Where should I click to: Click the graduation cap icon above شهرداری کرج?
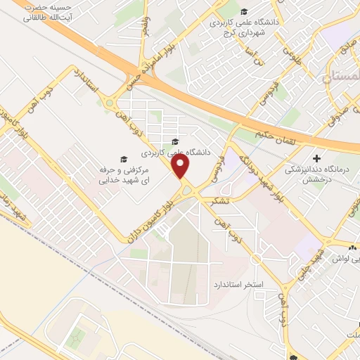(x=244, y=11)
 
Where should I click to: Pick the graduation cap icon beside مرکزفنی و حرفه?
(x=123, y=159)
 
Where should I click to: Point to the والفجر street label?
(x=146, y=28)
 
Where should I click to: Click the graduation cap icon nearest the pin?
(x=174, y=142)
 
